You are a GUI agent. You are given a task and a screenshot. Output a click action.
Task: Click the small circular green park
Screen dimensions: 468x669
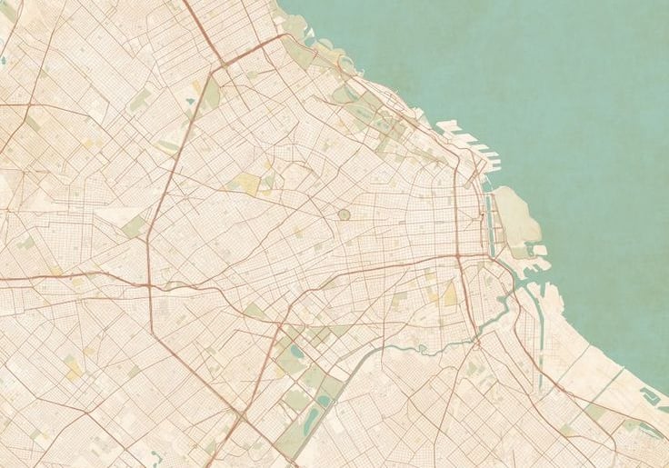coord(344,214)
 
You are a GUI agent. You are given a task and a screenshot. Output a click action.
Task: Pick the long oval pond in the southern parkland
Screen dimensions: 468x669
coord(310,420)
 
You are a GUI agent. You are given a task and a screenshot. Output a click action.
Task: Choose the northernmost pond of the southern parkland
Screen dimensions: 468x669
coord(295,350)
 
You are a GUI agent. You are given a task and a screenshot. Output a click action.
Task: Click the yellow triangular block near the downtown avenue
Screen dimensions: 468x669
coord(451,294)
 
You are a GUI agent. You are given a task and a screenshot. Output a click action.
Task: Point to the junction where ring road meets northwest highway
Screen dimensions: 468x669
coord(221,65)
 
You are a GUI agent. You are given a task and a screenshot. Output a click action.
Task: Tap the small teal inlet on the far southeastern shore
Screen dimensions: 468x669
coord(650,395)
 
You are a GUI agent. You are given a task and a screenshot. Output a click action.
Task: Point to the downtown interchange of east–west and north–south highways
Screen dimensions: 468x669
coord(459,257)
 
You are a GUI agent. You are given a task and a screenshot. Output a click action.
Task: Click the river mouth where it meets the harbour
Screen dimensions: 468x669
coord(514,289)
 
